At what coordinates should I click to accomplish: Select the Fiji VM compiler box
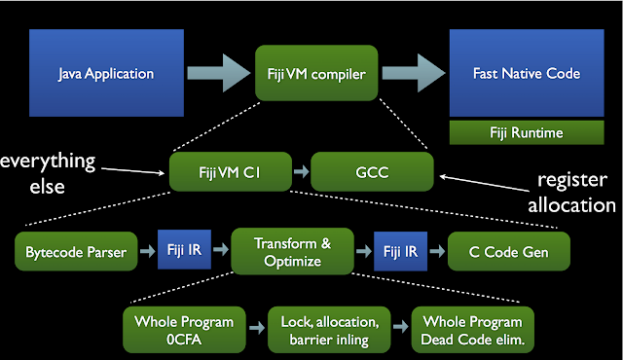tap(303, 72)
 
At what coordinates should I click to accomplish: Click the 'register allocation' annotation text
tap(573, 192)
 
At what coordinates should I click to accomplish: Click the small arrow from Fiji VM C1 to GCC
tap(301, 171)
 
